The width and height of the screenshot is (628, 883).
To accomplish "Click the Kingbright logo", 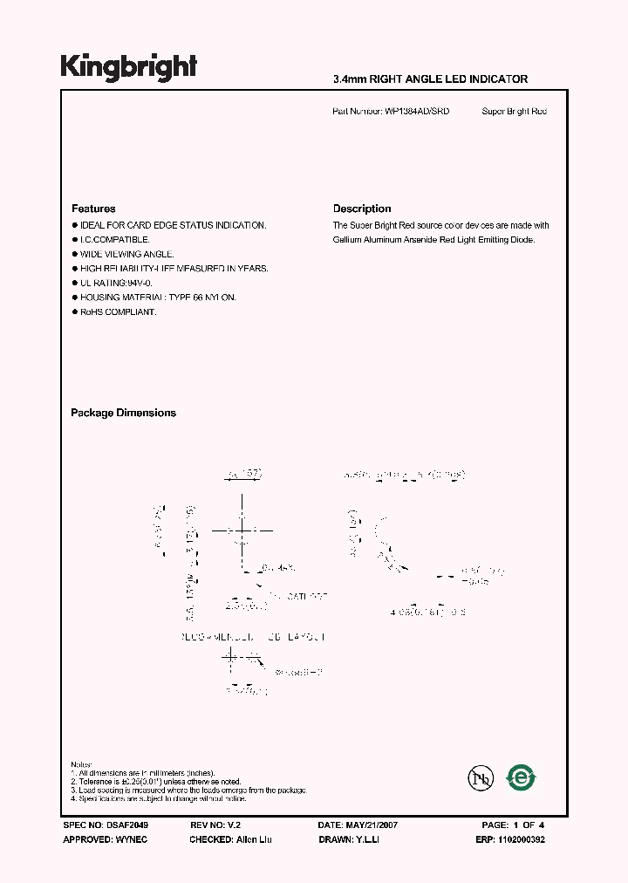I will pos(128,67).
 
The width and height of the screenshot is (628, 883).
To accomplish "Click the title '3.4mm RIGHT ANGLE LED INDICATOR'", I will pos(430,79).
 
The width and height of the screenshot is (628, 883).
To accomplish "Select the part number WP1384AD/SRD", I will pos(417,112).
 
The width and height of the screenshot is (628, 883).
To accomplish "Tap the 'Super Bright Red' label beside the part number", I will pos(514,112).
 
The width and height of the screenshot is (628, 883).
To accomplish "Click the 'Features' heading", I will pos(93,209).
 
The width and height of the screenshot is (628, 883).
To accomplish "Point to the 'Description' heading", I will pos(362,209).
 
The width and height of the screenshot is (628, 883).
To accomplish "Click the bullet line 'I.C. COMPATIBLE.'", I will pos(115,239).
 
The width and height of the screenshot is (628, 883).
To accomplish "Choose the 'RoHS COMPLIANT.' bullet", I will pos(119,312).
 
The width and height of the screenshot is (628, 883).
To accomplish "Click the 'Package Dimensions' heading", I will pos(123,413).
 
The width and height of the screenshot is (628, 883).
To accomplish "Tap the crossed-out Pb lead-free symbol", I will pos(478,777).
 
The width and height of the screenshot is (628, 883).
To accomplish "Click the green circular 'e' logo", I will pos(522,776).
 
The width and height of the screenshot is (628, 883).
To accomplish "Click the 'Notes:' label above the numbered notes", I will pos(81,763).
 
